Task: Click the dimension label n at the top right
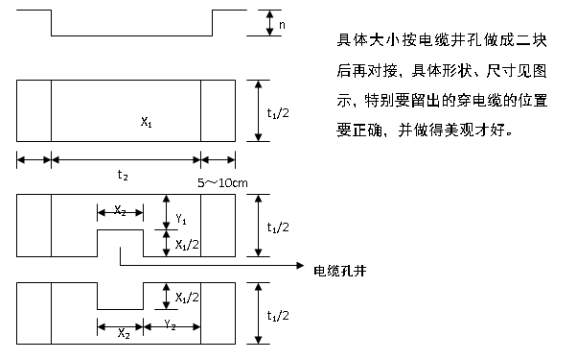tap(282, 22)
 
